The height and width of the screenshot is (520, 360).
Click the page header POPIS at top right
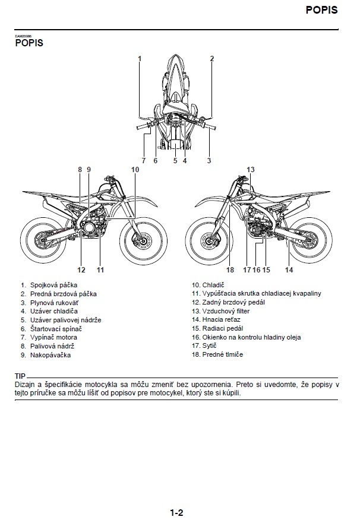(x=321, y=10)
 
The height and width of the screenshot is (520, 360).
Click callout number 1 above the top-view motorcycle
(x=140, y=58)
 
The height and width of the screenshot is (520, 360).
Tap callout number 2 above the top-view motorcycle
(x=211, y=58)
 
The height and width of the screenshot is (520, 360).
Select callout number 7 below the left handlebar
(x=143, y=160)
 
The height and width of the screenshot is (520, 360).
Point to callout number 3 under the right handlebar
(x=209, y=160)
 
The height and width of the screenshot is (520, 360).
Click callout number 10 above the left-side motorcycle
(x=135, y=170)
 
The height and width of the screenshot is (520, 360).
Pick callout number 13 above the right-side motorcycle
(x=251, y=170)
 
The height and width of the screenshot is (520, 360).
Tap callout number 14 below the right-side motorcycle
(x=289, y=270)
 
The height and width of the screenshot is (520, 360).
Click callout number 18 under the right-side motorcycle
(x=230, y=270)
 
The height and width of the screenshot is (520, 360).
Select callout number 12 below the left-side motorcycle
(x=81, y=270)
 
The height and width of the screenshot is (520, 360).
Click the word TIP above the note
(x=20, y=377)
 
